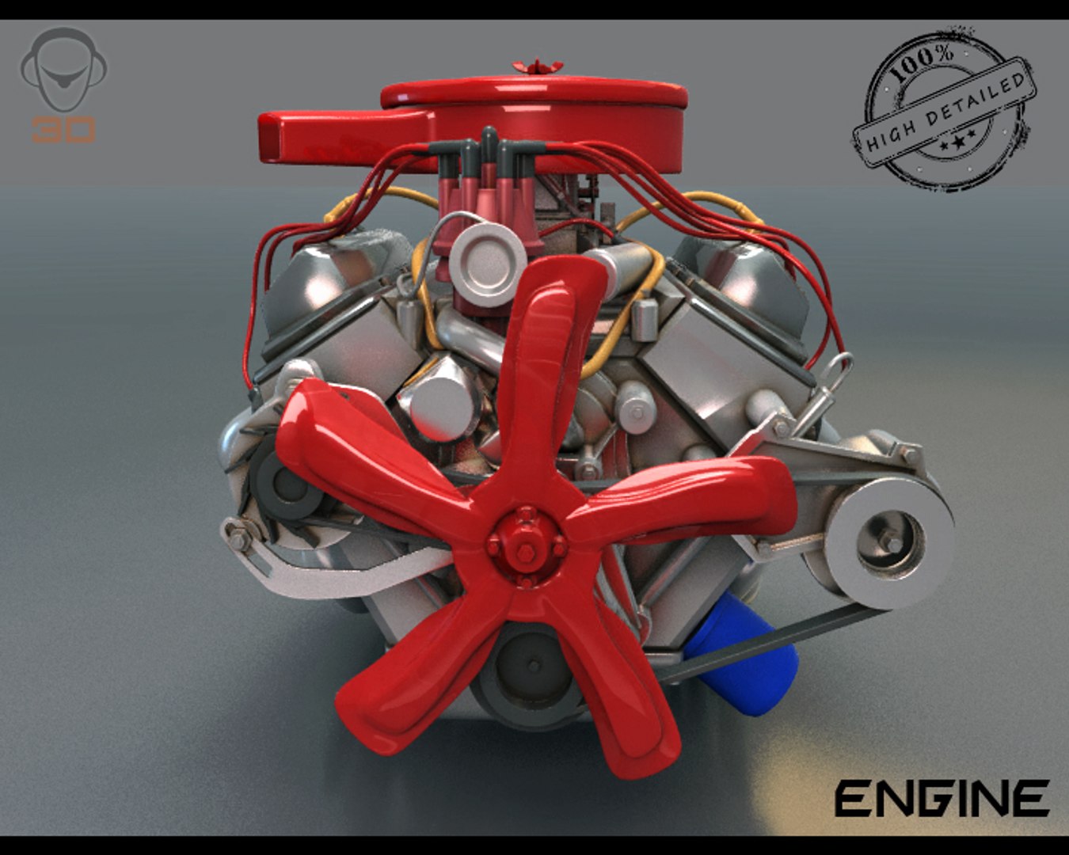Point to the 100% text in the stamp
[x=923, y=63]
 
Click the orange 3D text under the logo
[x=63, y=129]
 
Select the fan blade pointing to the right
[x=697, y=499]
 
